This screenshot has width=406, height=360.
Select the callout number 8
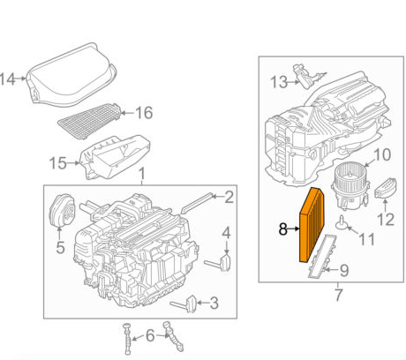(282, 230)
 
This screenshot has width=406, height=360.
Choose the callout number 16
(144, 112)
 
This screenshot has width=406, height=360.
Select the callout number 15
(57, 161)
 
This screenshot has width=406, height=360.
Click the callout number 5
(60, 249)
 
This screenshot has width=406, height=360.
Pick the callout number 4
(226, 233)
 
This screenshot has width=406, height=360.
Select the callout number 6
(151, 335)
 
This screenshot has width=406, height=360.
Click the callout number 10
(381, 155)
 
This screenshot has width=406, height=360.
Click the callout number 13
(278, 82)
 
